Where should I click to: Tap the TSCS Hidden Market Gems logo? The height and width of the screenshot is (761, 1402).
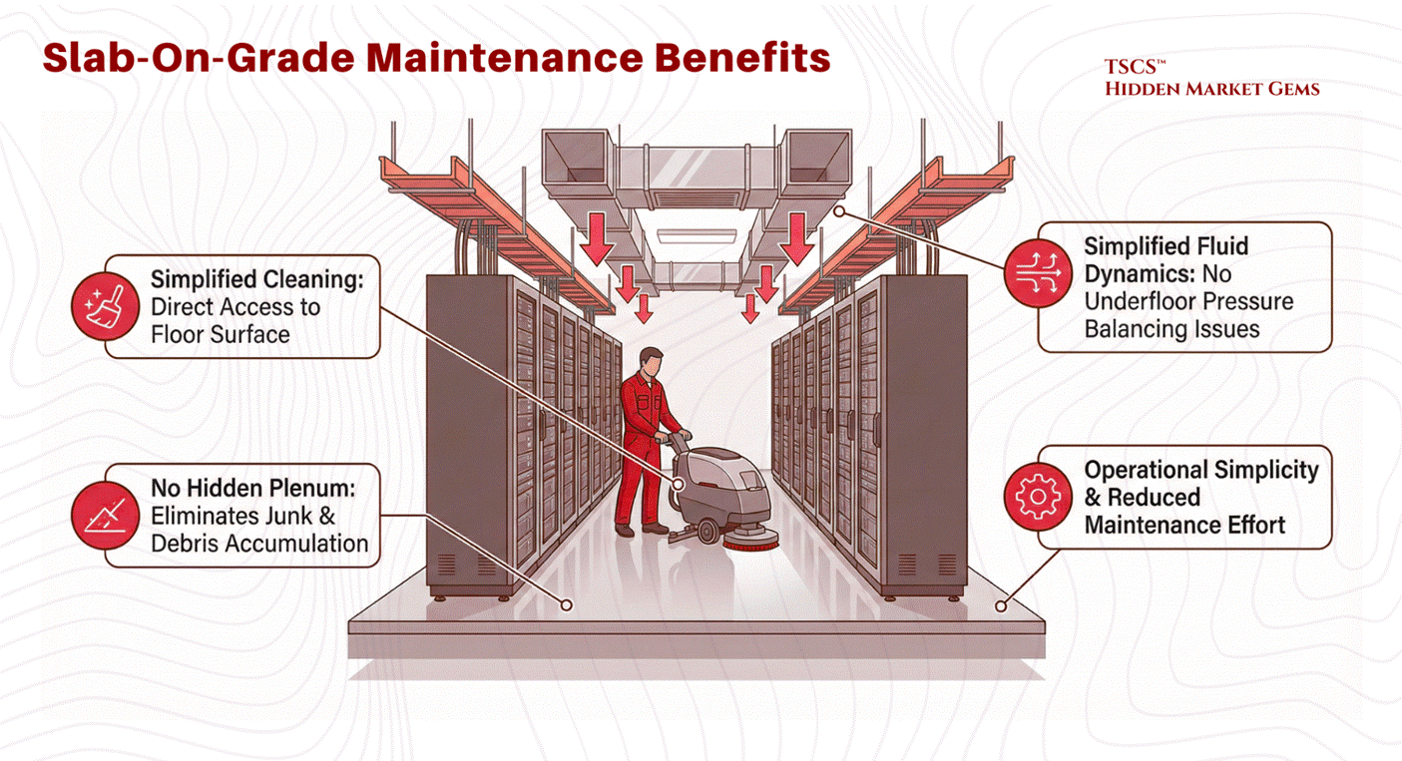tap(1211, 78)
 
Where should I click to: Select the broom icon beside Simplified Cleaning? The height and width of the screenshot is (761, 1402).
tap(105, 306)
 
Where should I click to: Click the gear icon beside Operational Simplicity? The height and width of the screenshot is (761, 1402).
tap(1038, 497)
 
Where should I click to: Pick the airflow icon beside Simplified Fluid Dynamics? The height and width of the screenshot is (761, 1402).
tap(1038, 273)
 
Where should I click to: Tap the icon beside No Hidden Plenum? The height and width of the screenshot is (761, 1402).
tap(105, 515)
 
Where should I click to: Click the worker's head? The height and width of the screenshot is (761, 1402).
tap(651, 362)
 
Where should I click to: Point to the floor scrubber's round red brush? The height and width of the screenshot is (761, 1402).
tap(750, 539)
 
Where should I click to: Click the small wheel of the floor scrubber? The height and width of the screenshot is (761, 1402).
tap(707, 531)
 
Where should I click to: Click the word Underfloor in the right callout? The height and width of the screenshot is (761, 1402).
tap(1140, 301)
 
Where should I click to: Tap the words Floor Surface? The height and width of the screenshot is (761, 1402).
tap(221, 335)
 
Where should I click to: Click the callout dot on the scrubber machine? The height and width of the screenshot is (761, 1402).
tap(678, 484)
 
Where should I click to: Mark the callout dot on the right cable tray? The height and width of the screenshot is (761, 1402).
tap(839, 211)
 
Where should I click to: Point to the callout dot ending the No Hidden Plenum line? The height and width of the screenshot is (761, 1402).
tap(566, 605)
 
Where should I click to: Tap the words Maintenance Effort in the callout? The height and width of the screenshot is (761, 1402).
tap(1184, 525)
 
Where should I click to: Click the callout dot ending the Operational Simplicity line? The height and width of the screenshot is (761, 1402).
tap(1001, 605)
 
